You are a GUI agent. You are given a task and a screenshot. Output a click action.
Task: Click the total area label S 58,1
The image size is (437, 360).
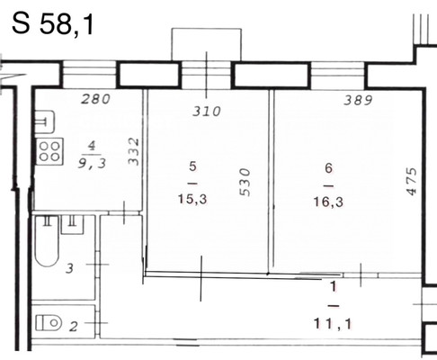(x=53, y=24)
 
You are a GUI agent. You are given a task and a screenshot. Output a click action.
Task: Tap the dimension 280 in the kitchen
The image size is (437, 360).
(x=96, y=99)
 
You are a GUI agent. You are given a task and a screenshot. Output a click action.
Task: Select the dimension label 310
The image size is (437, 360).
(x=207, y=112)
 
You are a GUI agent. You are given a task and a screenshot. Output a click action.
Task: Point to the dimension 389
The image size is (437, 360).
(x=358, y=100)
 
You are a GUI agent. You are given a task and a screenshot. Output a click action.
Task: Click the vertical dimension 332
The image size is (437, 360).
(x=134, y=151)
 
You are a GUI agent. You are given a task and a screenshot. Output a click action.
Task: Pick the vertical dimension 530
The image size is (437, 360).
(x=245, y=183)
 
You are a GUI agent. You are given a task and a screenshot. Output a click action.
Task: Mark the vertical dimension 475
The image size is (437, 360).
(x=412, y=182)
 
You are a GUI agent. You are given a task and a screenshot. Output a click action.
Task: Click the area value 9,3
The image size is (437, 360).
(x=92, y=164)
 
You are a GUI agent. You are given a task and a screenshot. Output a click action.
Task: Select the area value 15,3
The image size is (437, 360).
(x=192, y=199)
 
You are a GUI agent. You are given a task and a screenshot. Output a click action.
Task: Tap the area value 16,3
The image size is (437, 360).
(x=328, y=202)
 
